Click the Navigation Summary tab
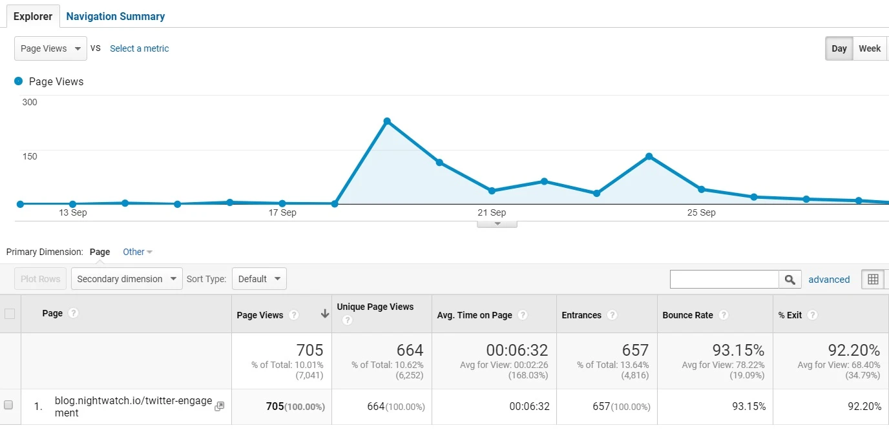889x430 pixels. coord(115,16)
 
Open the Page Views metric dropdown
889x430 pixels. coord(50,48)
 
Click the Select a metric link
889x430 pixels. coord(140,48)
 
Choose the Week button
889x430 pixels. coord(870,48)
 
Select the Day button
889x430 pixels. coord(839,48)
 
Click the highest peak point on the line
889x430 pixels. coord(387,121)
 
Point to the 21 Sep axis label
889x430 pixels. coord(492,212)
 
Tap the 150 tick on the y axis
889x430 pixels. coord(30,156)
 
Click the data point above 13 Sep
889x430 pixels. coord(72,204)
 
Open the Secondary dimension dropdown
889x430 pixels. coord(127,279)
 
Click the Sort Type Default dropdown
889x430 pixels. coord(259,279)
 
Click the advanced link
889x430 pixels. coord(829,280)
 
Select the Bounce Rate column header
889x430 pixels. coord(687,315)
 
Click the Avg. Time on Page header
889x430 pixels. coord(474,315)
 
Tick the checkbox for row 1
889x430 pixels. coord(8,405)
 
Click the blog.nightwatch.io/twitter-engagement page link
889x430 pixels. coord(133,407)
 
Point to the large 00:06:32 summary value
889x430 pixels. coord(517,350)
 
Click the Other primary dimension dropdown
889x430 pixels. coord(138,252)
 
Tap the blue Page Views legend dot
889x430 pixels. coord(18,81)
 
